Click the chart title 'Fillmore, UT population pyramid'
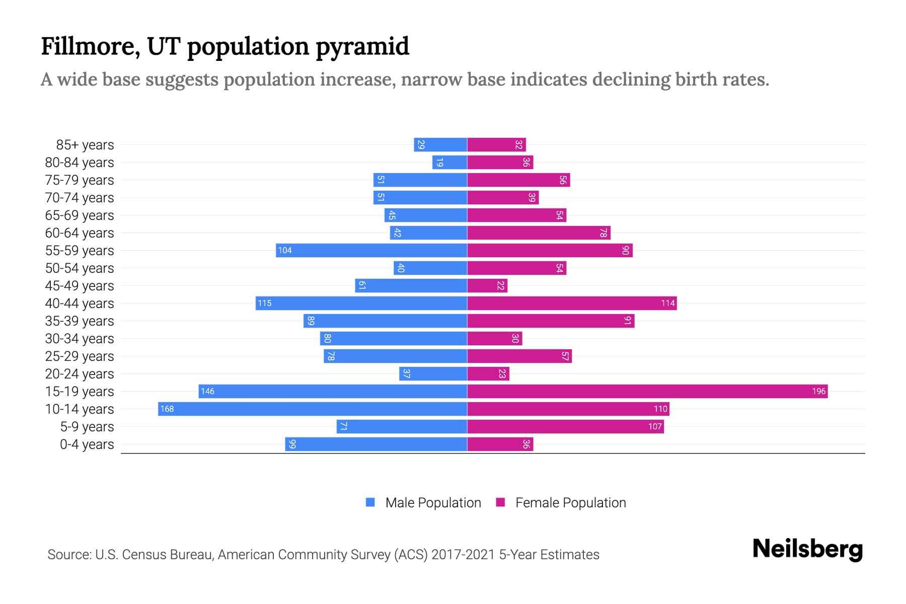225,46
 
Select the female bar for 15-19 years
647,392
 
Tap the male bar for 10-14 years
313,409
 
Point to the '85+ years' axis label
85,145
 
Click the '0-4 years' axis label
87,444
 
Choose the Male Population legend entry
423,503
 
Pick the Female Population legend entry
561,503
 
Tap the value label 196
819,392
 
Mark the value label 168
167,409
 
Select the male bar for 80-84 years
449,163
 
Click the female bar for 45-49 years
487,286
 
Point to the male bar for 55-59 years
371,251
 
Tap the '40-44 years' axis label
80,304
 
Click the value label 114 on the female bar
668,304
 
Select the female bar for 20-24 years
488,374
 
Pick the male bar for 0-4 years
376,444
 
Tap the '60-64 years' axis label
80,233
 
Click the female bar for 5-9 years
565,427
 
